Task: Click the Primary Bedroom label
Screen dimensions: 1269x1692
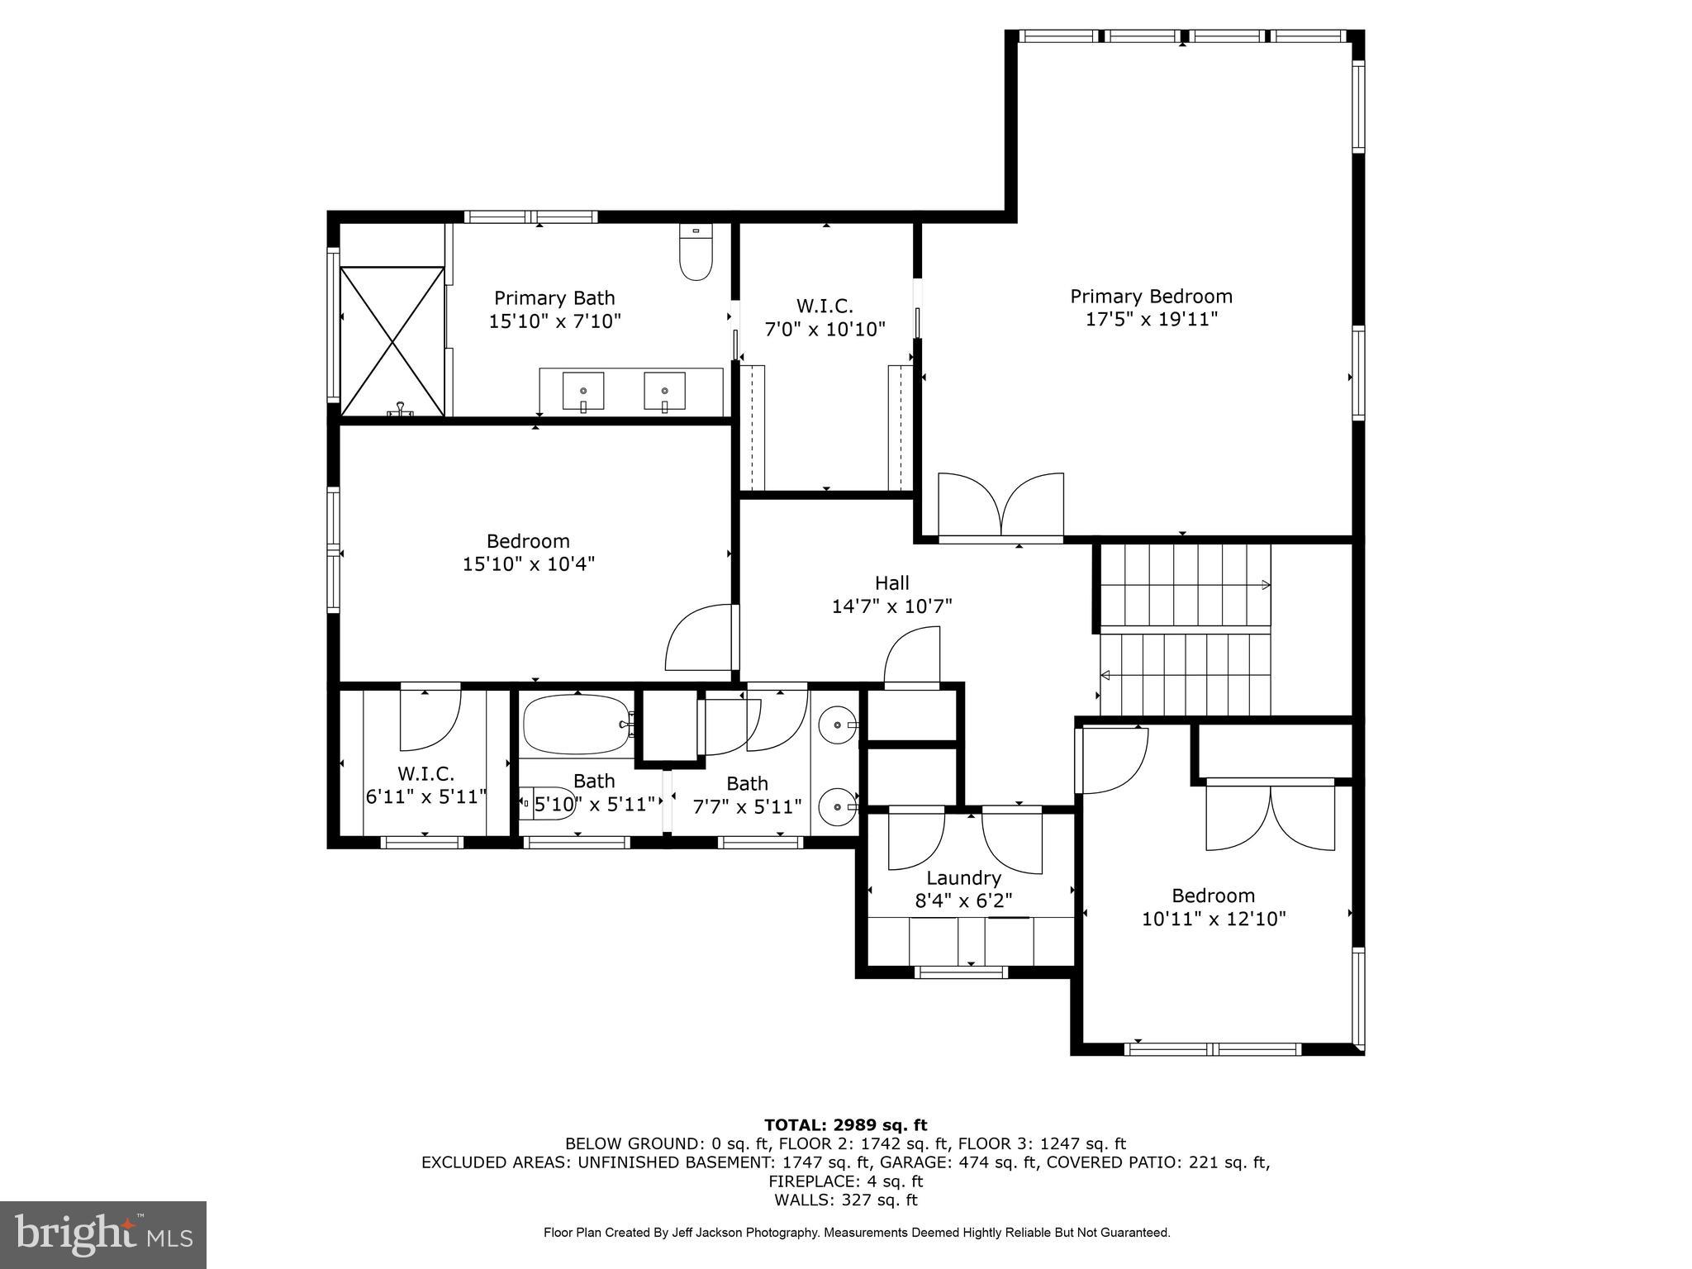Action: [1151, 297]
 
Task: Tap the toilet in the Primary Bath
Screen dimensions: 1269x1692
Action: [696, 253]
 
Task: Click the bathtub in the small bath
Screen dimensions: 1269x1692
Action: [576, 725]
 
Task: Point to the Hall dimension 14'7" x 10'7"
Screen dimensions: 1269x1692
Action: [891, 606]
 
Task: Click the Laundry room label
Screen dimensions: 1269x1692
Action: [963, 878]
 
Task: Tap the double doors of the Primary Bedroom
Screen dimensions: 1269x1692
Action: [1000, 506]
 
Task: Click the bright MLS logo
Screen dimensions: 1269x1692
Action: [103, 1234]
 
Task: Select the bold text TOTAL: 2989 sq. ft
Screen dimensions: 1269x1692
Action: [845, 1124]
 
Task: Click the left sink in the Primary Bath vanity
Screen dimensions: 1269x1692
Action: [583, 390]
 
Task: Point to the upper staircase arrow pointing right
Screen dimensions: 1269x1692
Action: [1265, 585]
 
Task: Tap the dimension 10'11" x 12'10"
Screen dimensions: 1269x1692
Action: [1213, 919]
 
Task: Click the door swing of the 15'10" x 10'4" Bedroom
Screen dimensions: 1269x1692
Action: [699, 638]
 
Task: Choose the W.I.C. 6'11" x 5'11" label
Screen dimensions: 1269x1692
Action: [425, 786]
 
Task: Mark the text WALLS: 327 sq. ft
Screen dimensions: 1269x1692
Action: [845, 1200]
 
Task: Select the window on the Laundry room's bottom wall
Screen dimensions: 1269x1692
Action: [962, 972]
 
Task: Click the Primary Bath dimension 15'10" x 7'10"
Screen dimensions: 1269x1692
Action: [554, 321]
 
